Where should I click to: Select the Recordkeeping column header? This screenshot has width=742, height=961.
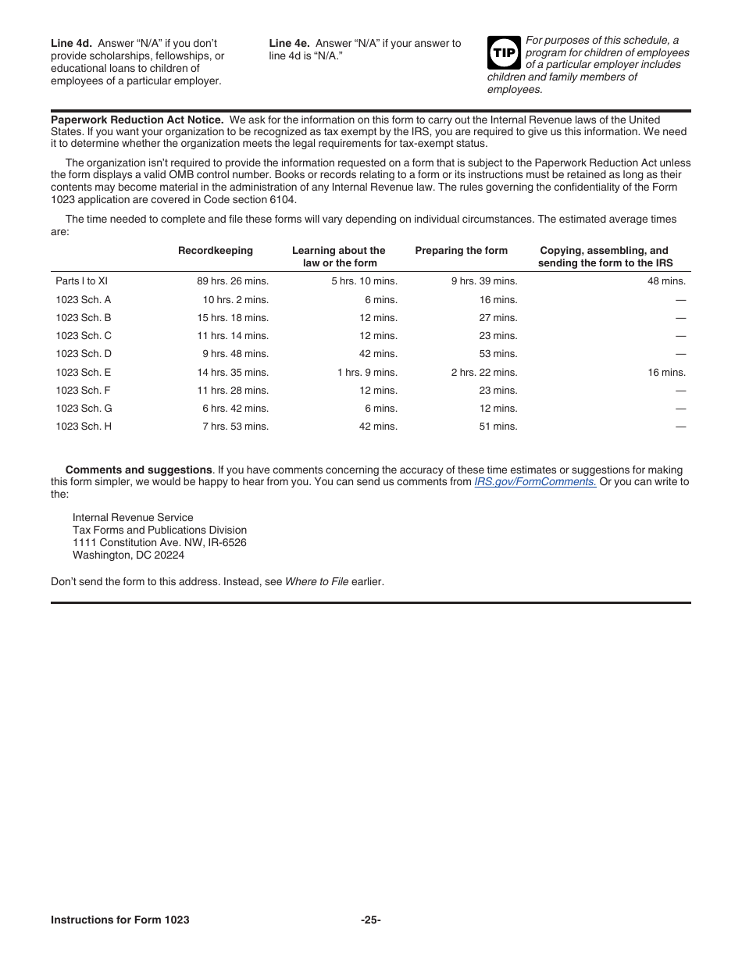coord(216,251)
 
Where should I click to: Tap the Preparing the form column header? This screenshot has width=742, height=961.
coord(461,251)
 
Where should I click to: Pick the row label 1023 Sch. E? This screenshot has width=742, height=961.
coord(84,373)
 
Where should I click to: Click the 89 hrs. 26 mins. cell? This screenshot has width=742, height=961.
coord(233,281)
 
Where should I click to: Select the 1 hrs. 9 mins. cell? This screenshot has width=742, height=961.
coord(367,373)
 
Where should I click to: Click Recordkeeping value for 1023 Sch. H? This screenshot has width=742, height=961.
coord(235,427)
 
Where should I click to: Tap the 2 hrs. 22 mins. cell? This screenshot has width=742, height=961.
coord(484,373)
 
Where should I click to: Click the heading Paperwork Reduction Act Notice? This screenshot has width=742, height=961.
coord(137,120)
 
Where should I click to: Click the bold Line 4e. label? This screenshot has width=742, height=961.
coord(290,44)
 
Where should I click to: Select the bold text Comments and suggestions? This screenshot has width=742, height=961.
coord(138,470)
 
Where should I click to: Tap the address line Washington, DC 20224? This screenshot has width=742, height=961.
coord(128,556)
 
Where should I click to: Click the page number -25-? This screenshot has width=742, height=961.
coord(371,920)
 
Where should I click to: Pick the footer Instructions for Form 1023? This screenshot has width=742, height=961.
coord(120,920)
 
